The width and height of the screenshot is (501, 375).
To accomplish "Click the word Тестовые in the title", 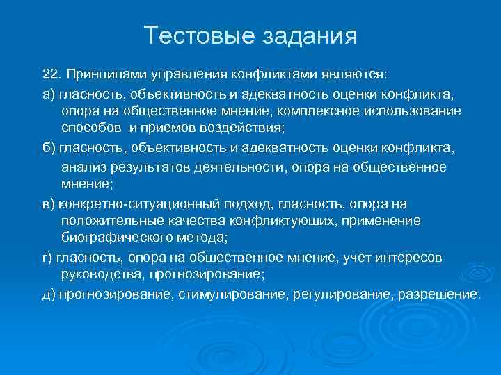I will pos(192,36).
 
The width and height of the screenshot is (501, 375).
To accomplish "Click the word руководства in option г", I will pos(95,276).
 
